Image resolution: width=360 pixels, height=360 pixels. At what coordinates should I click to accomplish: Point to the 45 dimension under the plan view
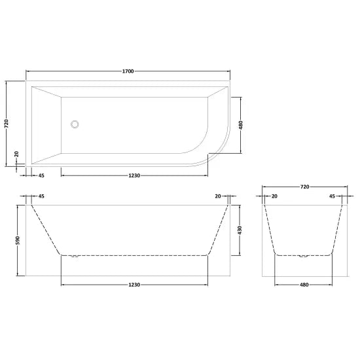point(41,175)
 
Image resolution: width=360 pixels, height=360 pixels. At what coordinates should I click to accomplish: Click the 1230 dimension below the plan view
point(135,175)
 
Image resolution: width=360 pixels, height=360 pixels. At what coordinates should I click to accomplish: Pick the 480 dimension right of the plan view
point(242,124)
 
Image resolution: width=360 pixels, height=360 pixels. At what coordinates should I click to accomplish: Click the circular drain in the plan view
point(75,123)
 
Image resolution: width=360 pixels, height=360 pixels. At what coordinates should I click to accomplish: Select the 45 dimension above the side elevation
point(41,196)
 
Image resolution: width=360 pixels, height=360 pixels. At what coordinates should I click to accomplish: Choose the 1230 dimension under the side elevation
point(135,285)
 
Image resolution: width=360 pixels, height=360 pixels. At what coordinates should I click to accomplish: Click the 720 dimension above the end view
point(304,187)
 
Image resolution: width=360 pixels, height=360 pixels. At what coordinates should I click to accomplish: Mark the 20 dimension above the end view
point(274,196)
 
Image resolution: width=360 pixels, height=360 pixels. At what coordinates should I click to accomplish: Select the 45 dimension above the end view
point(333,196)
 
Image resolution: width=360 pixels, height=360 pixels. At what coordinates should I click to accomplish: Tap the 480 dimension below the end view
point(304,285)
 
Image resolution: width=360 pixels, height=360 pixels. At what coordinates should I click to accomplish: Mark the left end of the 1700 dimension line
point(26,70)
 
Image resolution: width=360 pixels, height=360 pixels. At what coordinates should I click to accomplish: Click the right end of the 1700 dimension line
point(230,70)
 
